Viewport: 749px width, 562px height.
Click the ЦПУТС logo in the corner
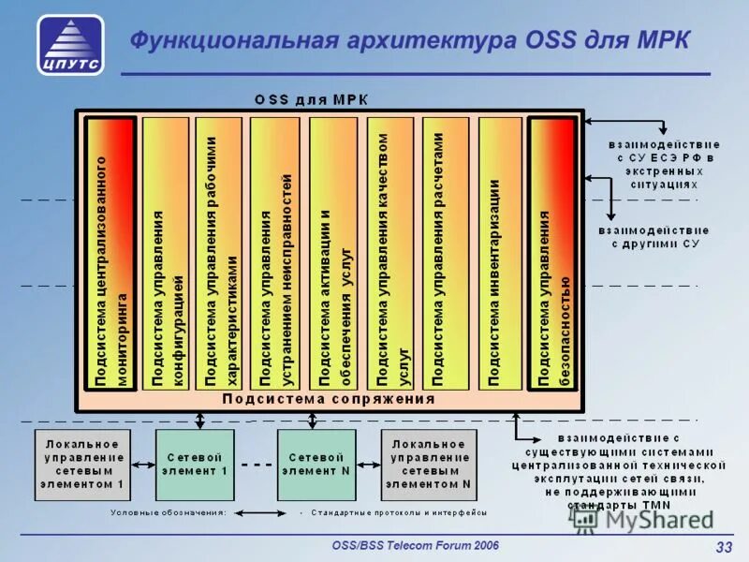pos(71,45)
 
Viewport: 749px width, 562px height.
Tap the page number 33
pos(723,548)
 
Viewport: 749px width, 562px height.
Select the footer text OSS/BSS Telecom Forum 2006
pos(416,545)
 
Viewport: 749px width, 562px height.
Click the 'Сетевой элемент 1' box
pos(197,464)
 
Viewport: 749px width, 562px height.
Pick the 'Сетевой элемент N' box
pos(318,464)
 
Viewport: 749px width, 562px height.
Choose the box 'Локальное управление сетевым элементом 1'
pos(82,464)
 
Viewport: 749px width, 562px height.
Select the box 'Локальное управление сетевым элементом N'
pos(428,464)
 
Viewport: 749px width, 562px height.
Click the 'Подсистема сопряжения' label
pos(329,399)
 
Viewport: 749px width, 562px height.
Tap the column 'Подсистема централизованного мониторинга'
pos(111,253)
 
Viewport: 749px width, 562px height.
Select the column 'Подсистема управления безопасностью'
pos(552,253)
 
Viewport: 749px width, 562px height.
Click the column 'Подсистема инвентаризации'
pos(499,253)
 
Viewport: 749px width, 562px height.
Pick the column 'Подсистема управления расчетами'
pos(444,253)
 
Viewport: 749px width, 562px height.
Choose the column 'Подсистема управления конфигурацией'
pos(166,253)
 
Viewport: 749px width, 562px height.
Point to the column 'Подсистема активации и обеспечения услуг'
pos(332,253)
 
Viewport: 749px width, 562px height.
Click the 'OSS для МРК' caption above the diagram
pos(313,98)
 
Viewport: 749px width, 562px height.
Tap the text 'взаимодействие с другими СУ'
pos(654,236)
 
